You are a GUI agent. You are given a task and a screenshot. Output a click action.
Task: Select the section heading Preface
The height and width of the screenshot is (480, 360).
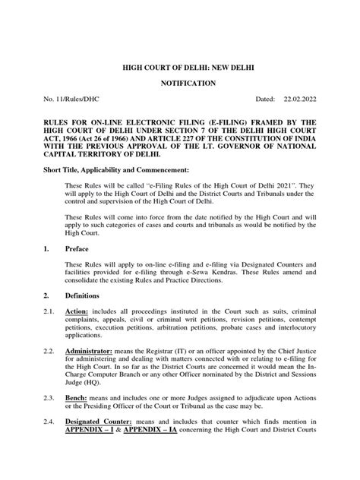click(80, 270)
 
